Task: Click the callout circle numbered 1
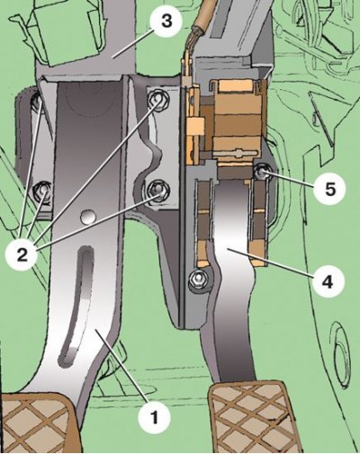click(155, 417)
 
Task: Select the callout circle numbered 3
click(166, 22)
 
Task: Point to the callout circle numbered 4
click(329, 281)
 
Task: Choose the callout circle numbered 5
click(329, 190)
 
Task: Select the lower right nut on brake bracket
click(158, 191)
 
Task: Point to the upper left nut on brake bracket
click(37, 101)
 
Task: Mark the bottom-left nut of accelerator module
click(198, 280)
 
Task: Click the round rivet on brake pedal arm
click(88, 217)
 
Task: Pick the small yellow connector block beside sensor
click(195, 125)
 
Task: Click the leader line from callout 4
click(271, 263)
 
